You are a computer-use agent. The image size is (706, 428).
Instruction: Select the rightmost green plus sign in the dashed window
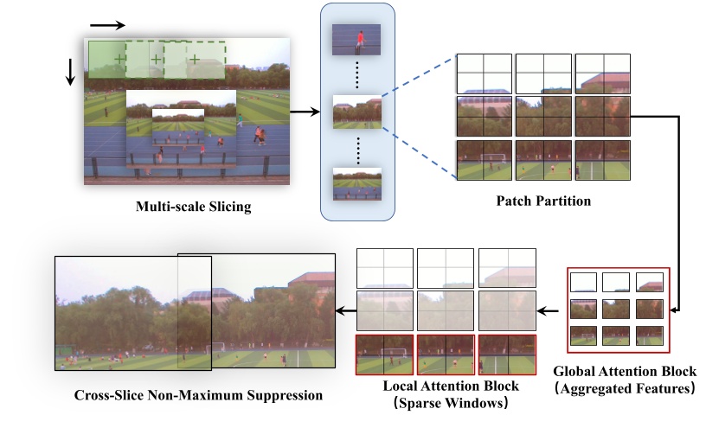195,59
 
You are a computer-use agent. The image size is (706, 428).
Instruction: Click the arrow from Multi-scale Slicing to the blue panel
305,112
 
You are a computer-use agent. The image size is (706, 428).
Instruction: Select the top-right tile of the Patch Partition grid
602,73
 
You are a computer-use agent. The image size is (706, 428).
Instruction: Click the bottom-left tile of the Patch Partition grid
484,159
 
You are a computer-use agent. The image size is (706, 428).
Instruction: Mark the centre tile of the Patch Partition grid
543,116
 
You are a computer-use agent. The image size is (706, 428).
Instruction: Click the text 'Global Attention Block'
623,372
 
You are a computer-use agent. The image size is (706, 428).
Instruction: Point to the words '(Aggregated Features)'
623,389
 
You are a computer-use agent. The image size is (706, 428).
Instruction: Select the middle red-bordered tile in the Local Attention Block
446,354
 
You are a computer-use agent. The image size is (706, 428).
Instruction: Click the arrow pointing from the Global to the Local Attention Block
549,310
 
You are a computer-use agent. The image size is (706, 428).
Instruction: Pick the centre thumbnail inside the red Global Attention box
618,309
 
